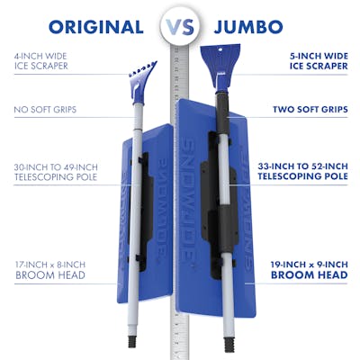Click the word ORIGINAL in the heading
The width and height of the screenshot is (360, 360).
96,27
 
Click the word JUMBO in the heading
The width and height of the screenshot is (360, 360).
248,27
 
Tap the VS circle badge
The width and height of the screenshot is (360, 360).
180,26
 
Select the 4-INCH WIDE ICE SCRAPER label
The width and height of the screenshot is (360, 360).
41,61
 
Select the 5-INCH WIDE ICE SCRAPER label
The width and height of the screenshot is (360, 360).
319,61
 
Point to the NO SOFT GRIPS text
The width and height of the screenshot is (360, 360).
45,110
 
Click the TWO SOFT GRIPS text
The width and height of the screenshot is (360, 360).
310,110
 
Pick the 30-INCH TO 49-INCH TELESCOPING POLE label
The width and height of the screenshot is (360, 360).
56,172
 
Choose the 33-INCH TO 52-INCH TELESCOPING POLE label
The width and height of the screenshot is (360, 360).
303,171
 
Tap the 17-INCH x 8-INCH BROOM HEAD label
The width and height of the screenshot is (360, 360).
50,270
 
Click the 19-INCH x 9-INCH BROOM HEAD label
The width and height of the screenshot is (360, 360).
310,270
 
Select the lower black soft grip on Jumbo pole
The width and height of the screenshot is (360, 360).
225,229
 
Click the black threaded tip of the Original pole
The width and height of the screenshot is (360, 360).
132,341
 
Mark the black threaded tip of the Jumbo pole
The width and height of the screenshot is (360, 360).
229,345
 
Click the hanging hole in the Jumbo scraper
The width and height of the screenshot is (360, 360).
220,49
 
